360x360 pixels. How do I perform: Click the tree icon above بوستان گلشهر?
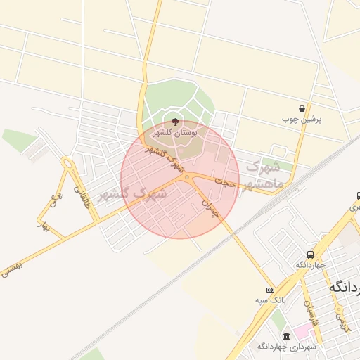[175, 122]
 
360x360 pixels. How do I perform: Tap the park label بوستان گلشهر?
[175, 132]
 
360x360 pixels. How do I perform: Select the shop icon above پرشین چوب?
[302, 109]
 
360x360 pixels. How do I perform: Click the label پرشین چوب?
[302, 120]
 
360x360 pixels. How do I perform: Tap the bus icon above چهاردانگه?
[311, 254]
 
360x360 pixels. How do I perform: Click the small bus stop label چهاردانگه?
[310, 264]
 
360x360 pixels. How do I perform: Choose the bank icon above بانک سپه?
[270, 290]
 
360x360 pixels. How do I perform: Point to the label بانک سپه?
[270, 300]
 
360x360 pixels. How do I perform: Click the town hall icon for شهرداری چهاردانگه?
[285, 336]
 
